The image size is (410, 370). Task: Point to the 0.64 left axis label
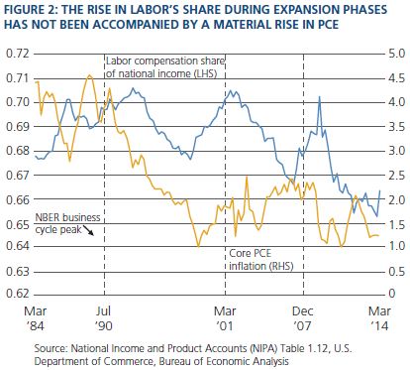pyautogui.click(x=18, y=246)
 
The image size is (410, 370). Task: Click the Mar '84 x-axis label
pyautogui.click(x=36, y=318)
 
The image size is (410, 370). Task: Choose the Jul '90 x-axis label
pyautogui.click(x=104, y=318)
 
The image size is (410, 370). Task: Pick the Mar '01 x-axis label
pyautogui.click(x=225, y=318)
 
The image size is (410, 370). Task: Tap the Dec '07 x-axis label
pyautogui.click(x=303, y=318)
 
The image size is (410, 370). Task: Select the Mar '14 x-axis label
pyautogui.click(x=379, y=318)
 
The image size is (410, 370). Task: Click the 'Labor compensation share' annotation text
pyautogui.click(x=165, y=62)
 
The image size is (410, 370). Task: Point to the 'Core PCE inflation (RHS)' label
pyautogui.click(x=261, y=260)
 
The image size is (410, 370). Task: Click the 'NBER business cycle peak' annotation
pyautogui.click(x=67, y=223)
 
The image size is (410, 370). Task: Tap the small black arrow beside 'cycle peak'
pyautogui.click(x=88, y=230)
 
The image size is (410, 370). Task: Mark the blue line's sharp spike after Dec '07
pyautogui.click(x=319, y=96)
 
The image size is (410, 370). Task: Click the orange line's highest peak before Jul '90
pyautogui.click(x=89, y=75)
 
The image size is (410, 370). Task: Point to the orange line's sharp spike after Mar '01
pyautogui.click(x=247, y=178)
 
